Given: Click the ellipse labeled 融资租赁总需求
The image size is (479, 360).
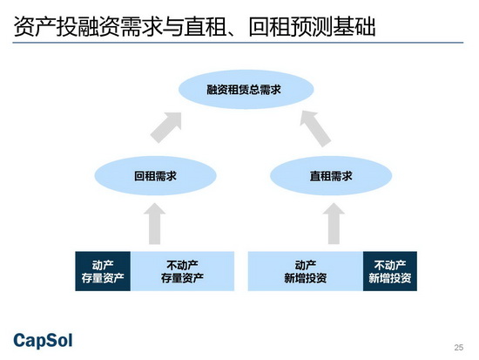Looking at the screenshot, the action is pos(246,89).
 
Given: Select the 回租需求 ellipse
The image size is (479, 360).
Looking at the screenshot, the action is pos(156,176).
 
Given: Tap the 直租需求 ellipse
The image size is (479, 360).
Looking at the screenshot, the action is pos(331,176).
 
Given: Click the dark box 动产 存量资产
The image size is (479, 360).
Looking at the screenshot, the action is pos(103,271).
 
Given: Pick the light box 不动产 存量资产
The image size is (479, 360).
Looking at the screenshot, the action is pos(182,271).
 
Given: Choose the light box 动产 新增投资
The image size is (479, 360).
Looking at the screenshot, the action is pos(306,271).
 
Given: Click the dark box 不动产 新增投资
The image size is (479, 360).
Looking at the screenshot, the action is pos(390,271).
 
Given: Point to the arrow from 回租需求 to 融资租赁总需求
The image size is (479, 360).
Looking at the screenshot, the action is pos(166,127).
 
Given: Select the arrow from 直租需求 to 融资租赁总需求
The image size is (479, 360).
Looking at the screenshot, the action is pos(315,128).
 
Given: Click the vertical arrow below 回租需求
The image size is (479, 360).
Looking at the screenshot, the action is pos(155,224).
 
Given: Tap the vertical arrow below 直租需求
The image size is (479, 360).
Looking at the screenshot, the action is pos(334,224).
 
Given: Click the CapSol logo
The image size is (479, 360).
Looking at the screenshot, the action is pos(43,341).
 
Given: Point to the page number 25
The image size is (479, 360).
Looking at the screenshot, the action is pos(458,347).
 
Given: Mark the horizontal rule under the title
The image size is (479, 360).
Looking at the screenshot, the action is pos(238,43).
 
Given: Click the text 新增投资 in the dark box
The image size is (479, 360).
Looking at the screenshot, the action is pos(390,278).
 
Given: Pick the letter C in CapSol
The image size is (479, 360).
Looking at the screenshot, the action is pos(19,340).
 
